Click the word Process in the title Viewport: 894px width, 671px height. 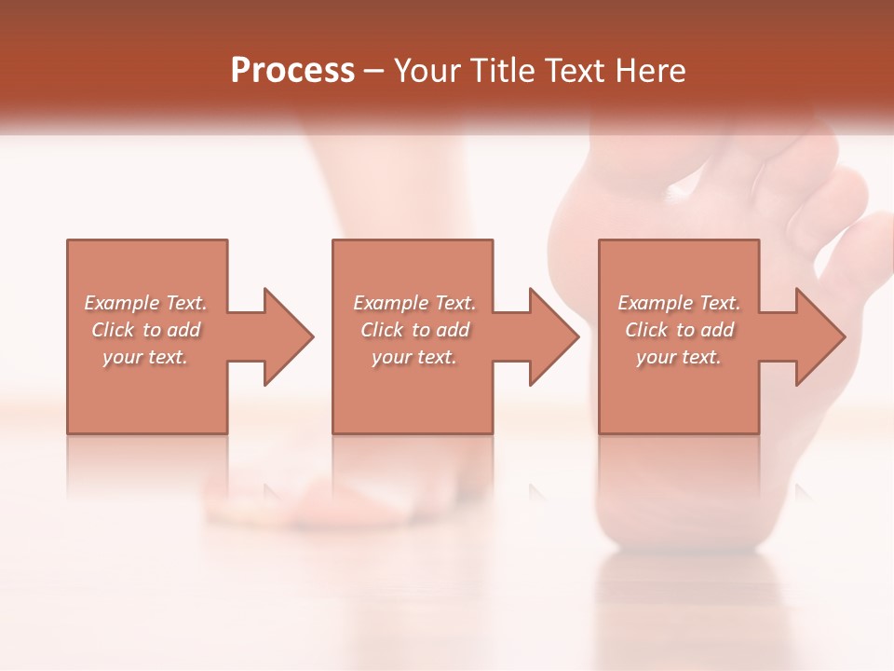[x=292, y=71]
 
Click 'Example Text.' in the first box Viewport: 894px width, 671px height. [x=146, y=303]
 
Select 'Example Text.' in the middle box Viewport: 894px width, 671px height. [x=414, y=303]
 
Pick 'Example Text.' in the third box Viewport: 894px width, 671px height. [x=679, y=303]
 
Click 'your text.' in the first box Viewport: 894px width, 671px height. [x=145, y=357]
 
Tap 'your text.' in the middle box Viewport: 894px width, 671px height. [x=413, y=357]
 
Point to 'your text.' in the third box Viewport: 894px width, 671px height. [x=678, y=357]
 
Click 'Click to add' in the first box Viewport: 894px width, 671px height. [x=146, y=330]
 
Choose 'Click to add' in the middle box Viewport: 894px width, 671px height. [x=414, y=330]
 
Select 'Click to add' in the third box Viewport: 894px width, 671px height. [x=679, y=330]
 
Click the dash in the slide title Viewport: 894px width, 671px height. [x=374, y=71]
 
